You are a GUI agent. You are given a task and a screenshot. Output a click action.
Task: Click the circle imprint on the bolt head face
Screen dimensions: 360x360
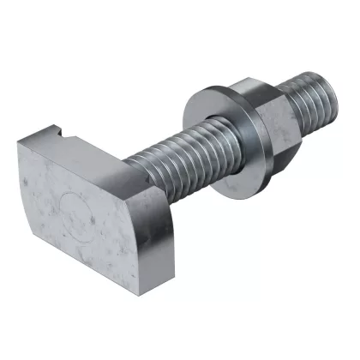coord(75,215)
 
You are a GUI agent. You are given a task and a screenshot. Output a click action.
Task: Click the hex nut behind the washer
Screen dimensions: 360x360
coord(266,120)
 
